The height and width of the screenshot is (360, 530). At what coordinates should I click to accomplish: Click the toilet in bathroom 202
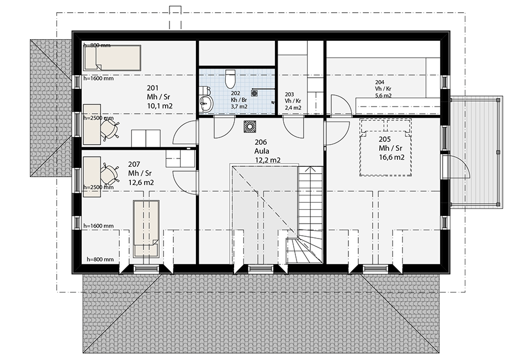point(230,78)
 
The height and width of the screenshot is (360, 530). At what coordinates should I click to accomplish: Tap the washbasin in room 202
point(205,102)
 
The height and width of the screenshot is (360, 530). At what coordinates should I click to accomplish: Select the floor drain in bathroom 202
point(255,93)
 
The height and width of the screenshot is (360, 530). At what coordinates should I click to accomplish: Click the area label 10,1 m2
point(160,106)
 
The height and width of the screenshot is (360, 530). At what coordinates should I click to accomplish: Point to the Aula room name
point(262,151)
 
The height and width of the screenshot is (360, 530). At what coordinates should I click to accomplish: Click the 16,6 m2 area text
point(392,157)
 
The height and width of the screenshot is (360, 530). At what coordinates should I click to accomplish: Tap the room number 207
point(134,165)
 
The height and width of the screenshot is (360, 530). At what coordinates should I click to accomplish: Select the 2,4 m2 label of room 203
point(293,108)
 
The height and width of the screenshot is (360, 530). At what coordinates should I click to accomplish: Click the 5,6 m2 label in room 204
point(383,96)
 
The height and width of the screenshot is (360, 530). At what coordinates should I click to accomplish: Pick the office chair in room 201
point(110,130)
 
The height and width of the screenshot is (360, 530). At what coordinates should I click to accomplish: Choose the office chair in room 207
point(110,174)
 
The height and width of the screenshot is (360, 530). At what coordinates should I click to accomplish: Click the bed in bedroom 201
point(112,58)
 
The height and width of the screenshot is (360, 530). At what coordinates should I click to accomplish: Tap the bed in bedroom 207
point(146,229)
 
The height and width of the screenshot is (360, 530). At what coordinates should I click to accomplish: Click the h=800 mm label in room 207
point(100,260)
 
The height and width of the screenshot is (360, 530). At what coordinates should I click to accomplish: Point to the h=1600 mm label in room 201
point(99,78)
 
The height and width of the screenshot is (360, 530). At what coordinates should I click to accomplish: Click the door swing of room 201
point(184,134)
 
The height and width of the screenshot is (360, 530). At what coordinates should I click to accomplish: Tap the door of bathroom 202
point(224,128)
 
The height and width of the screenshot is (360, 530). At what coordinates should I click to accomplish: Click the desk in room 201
point(92,125)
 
